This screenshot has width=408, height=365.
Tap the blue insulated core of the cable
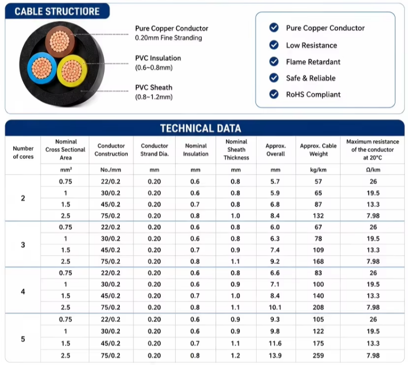click(x=42, y=68)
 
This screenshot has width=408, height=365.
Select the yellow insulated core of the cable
click(x=72, y=71)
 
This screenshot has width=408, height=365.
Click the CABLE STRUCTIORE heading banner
click(x=57, y=11)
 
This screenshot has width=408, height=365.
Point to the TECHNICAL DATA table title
click(x=201, y=128)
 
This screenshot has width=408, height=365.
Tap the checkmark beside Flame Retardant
click(x=274, y=62)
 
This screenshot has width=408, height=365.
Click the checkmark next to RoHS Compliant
click(x=274, y=94)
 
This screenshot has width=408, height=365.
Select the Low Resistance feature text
click(x=311, y=45)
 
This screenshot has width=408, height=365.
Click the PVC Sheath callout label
click(x=154, y=87)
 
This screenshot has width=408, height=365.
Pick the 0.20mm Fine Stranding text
click(x=168, y=38)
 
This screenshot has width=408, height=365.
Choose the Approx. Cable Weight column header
click(x=318, y=150)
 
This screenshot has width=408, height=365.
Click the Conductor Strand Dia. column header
click(x=155, y=150)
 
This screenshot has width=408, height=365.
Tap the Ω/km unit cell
click(x=373, y=170)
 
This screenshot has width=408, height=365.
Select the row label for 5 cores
click(x=23, y=339)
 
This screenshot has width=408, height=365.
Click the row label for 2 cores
click(x=23, y=198)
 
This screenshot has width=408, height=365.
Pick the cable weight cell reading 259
click(x=318, y=356)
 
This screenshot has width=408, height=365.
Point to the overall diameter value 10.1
click(x=275, y=307)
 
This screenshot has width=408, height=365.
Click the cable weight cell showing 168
click(x=318, y=261)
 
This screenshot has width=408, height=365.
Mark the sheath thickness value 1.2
click(x=236, y=356)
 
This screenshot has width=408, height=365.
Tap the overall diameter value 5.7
click(x=275, y=181)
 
